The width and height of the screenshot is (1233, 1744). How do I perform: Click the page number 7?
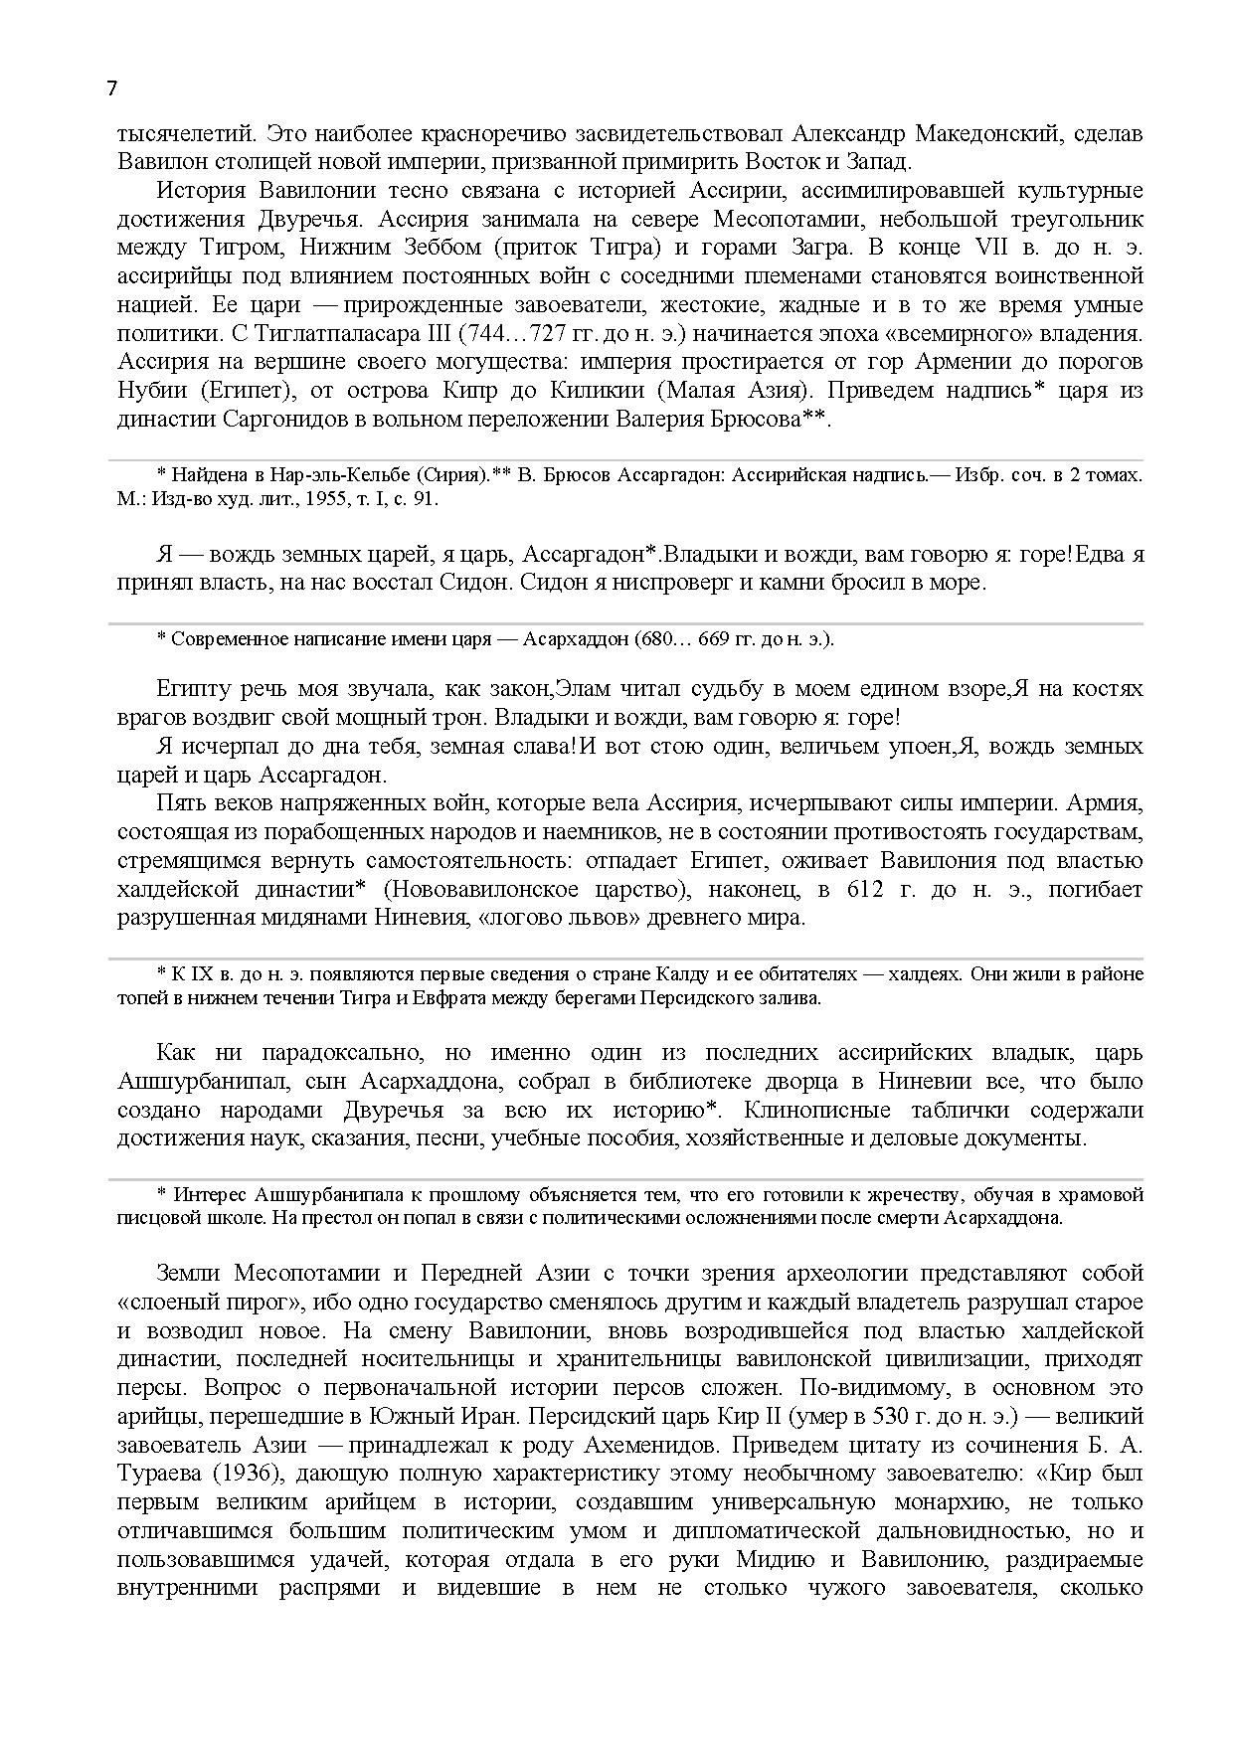111,88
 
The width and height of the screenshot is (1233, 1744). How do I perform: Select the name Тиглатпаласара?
322,333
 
